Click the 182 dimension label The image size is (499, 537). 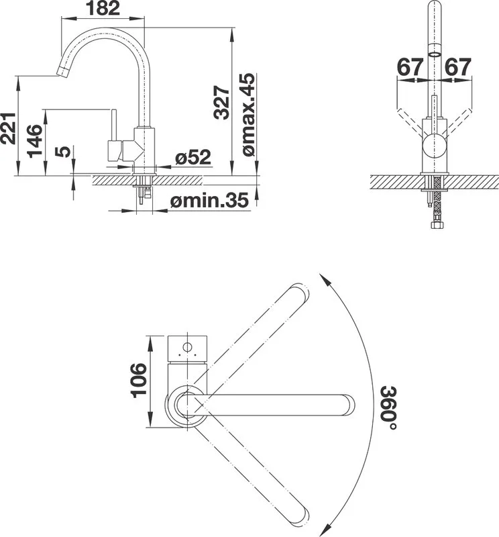tap(103, 8)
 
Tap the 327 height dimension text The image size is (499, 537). tap(221, 103)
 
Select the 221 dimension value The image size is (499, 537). tap(8, 128)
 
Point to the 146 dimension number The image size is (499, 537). tap(35, 141)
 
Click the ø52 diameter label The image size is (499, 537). tap(193, 157)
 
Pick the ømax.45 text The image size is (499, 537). tap(248, 115)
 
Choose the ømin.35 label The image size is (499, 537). tap(209, 200)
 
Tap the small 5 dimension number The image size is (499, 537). tap(63, 152)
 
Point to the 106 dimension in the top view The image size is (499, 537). tap(139, 380)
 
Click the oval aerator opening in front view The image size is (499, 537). tap(435, 54)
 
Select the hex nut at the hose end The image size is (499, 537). tap(436, 225)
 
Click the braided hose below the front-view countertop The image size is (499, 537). tap(436, 199)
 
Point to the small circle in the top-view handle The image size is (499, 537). tap(187, 347)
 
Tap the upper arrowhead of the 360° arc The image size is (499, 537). tap(325, 281)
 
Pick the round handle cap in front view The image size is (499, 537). tap(435, 146)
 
